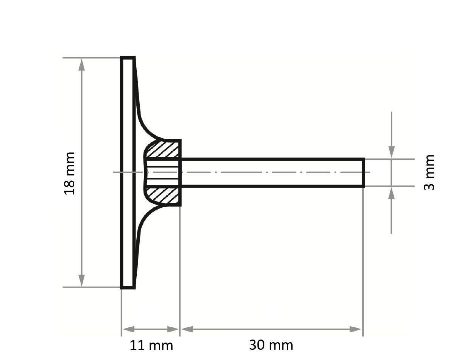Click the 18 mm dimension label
click(x=70, y=173)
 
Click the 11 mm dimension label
click(x=151, y=345)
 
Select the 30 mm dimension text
click(x=271, y=345)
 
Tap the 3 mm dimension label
click(x=429, y=172)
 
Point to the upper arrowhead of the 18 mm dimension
click(x=81, y=64)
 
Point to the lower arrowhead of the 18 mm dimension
click(x=81, y=280)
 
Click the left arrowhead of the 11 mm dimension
click(x=128, y=329)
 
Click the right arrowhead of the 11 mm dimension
click(x=173, y=329)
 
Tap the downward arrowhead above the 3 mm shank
click(x=392, y=152)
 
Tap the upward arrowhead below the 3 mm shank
click(x=392, y=193)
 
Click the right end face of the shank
click(x=364, y=173)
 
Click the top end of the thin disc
click(x=128, y=58)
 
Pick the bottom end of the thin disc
click(x=128, y=288)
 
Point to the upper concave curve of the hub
click(x=146, y=127)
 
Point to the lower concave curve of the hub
click(x=146, y=219)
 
